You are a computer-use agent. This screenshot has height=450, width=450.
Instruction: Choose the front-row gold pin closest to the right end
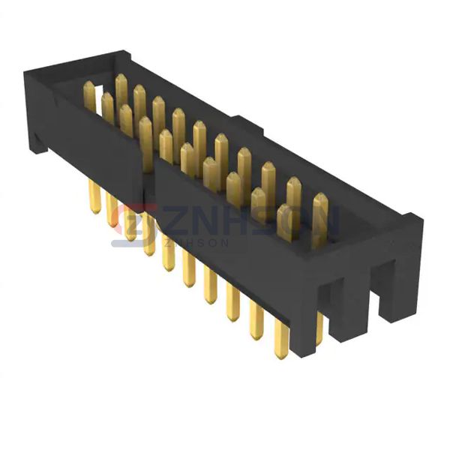[286, 222]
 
